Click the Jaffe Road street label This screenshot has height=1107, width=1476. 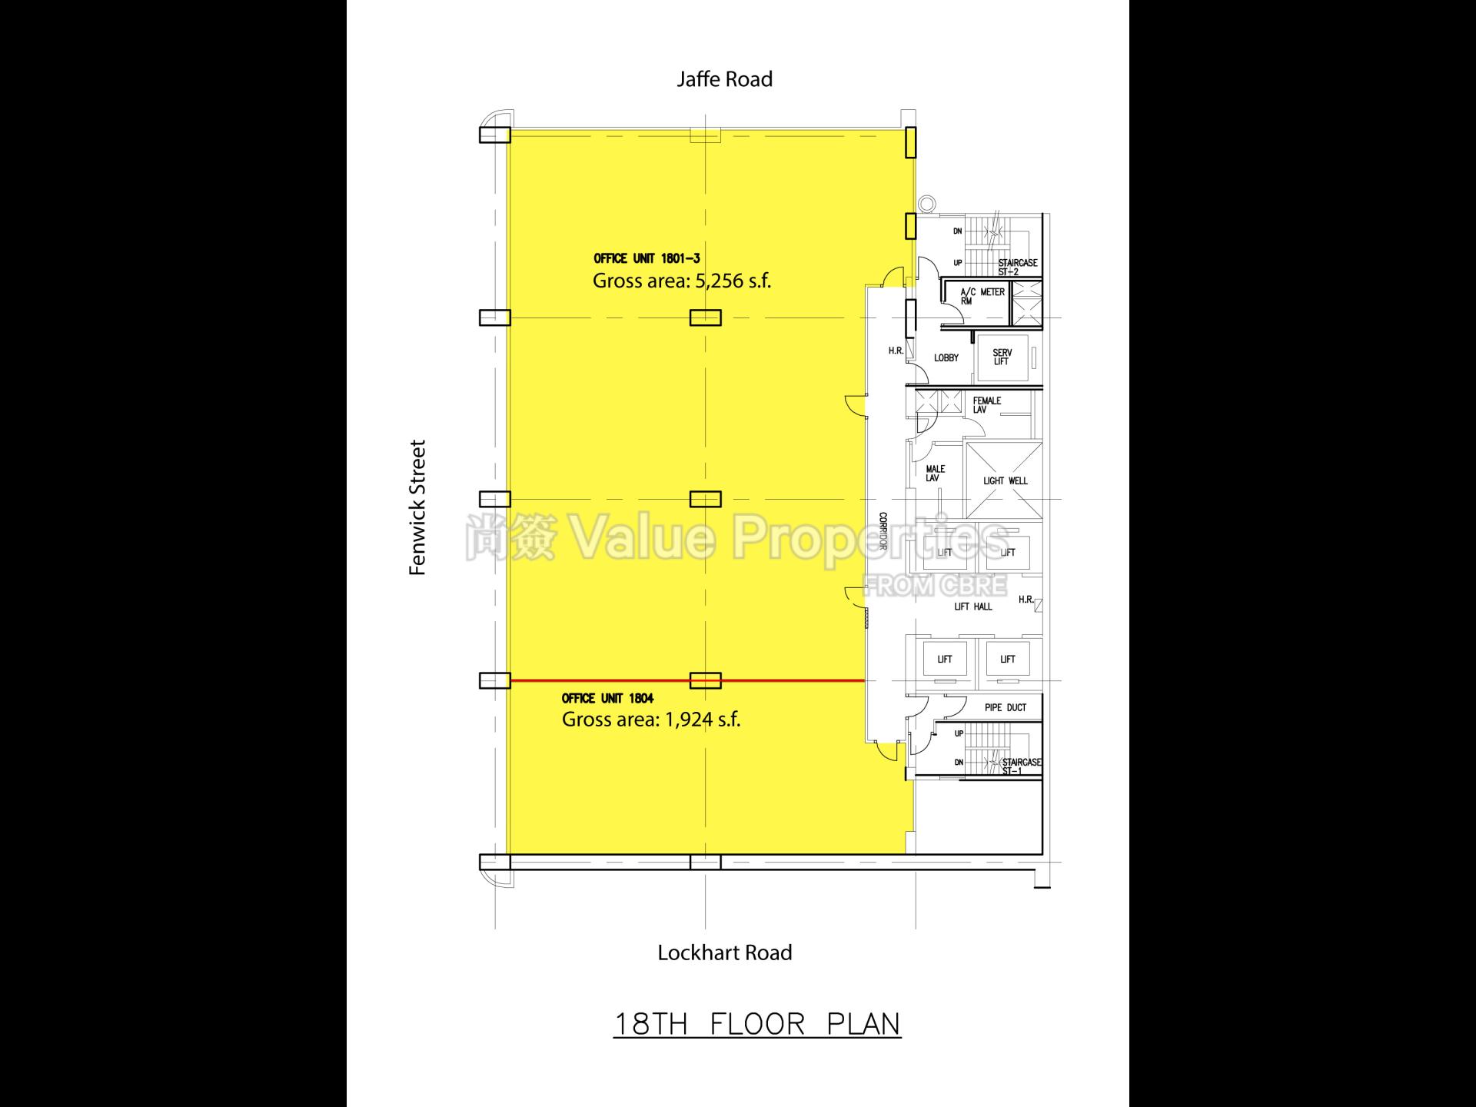click(724, 79)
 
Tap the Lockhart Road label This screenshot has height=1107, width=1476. click(724, 952)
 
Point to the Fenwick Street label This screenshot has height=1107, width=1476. click(417, 507)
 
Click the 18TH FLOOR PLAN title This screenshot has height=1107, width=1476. click(756, 1024)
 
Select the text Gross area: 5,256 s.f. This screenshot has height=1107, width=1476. click(681, 281)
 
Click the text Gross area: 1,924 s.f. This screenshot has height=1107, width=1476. click(651, 720)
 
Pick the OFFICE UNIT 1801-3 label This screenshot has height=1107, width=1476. click(647, 259)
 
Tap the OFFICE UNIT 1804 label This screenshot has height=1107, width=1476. click(607, 698)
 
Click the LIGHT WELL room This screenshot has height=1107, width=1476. click(1005, 480)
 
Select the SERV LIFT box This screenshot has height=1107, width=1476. click(1002, 357)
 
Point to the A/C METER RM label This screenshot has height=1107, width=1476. click(982, 296)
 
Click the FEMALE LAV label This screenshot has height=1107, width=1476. click(987, 405)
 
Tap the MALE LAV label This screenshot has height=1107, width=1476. click(936, 474)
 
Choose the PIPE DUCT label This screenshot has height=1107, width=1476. click(1006, 707)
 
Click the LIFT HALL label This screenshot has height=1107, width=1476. click(973, 607)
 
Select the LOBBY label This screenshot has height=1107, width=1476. click(946, 358)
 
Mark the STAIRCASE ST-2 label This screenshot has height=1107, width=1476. click(1018, 267)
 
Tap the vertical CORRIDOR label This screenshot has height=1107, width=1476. click(883, 531)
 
